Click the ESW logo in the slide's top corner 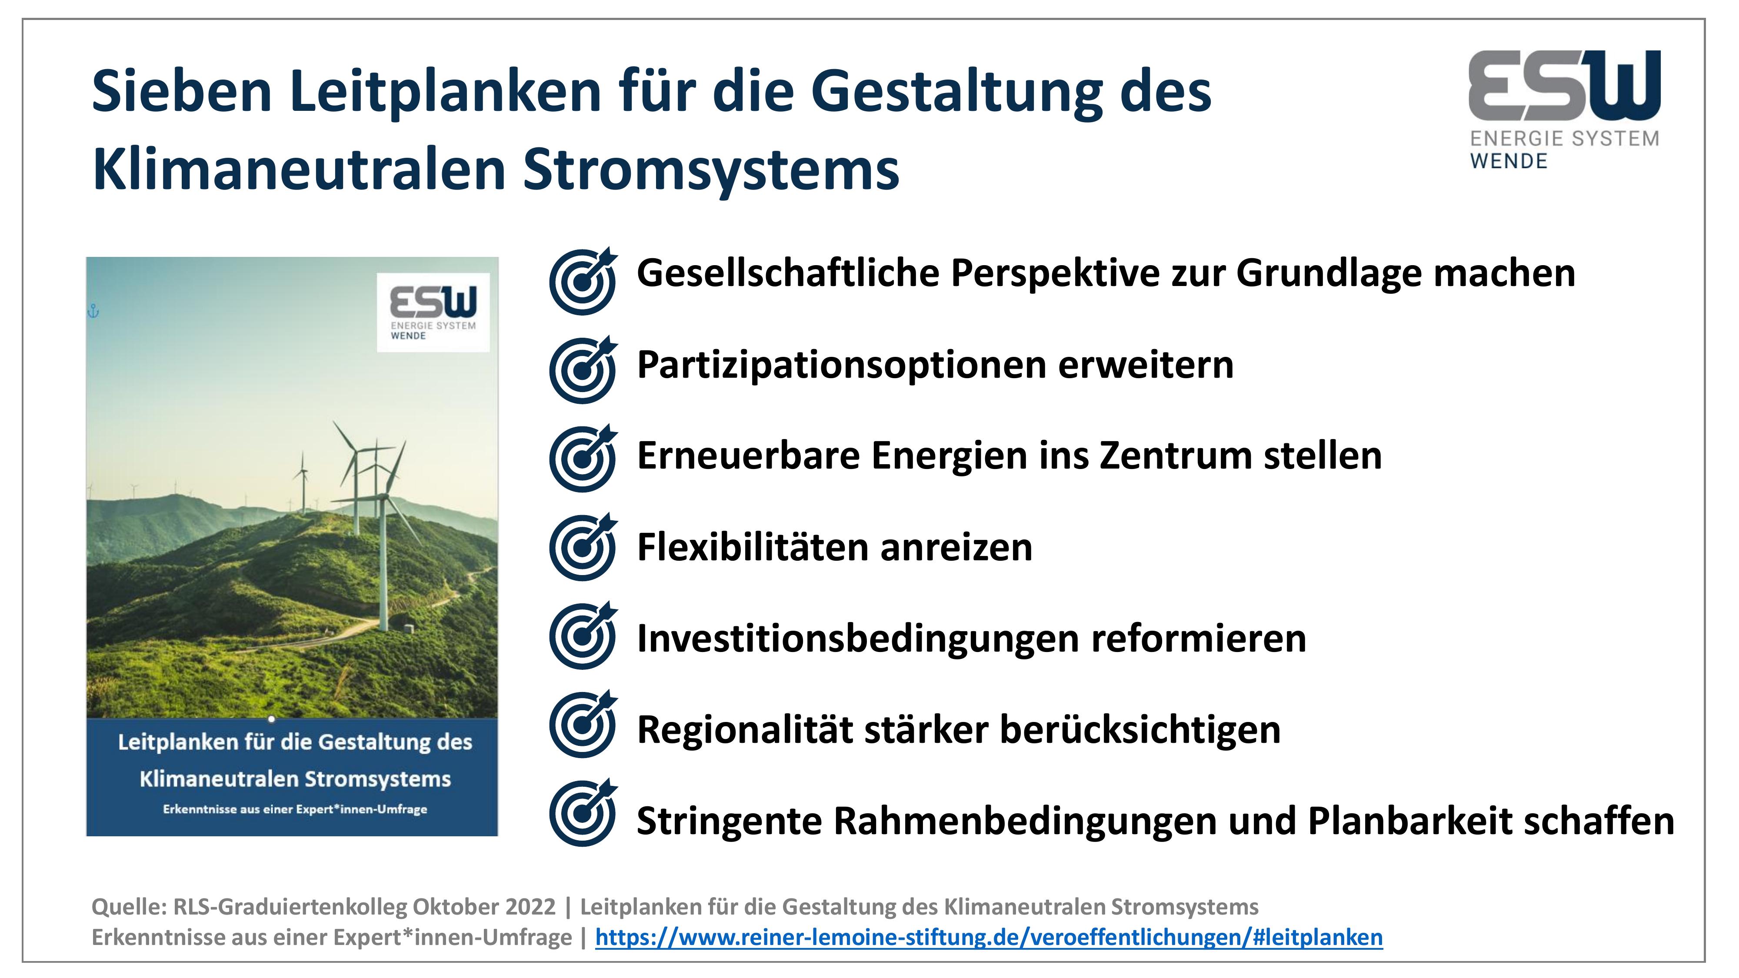pos(1564,110)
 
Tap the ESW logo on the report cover pos(433,313)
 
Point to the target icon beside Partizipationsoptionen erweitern pos(583,369)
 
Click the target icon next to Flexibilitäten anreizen pos(583,547)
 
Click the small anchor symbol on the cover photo pos(94,311)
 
